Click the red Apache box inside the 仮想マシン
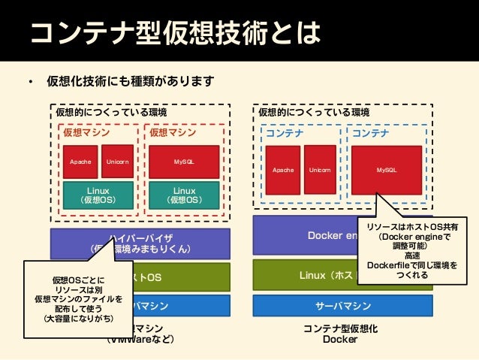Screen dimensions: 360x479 [80, 162]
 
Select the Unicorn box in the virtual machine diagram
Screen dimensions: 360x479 [117, 161]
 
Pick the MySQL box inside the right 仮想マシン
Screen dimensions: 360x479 [184, 162]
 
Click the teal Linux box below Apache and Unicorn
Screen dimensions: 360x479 [98, 195]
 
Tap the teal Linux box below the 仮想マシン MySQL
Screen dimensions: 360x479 [184, 195]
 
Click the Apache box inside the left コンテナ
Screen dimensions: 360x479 [282, 171]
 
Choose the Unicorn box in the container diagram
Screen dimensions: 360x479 [320, 171]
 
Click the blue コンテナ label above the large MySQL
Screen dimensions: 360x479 [371, 133]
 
